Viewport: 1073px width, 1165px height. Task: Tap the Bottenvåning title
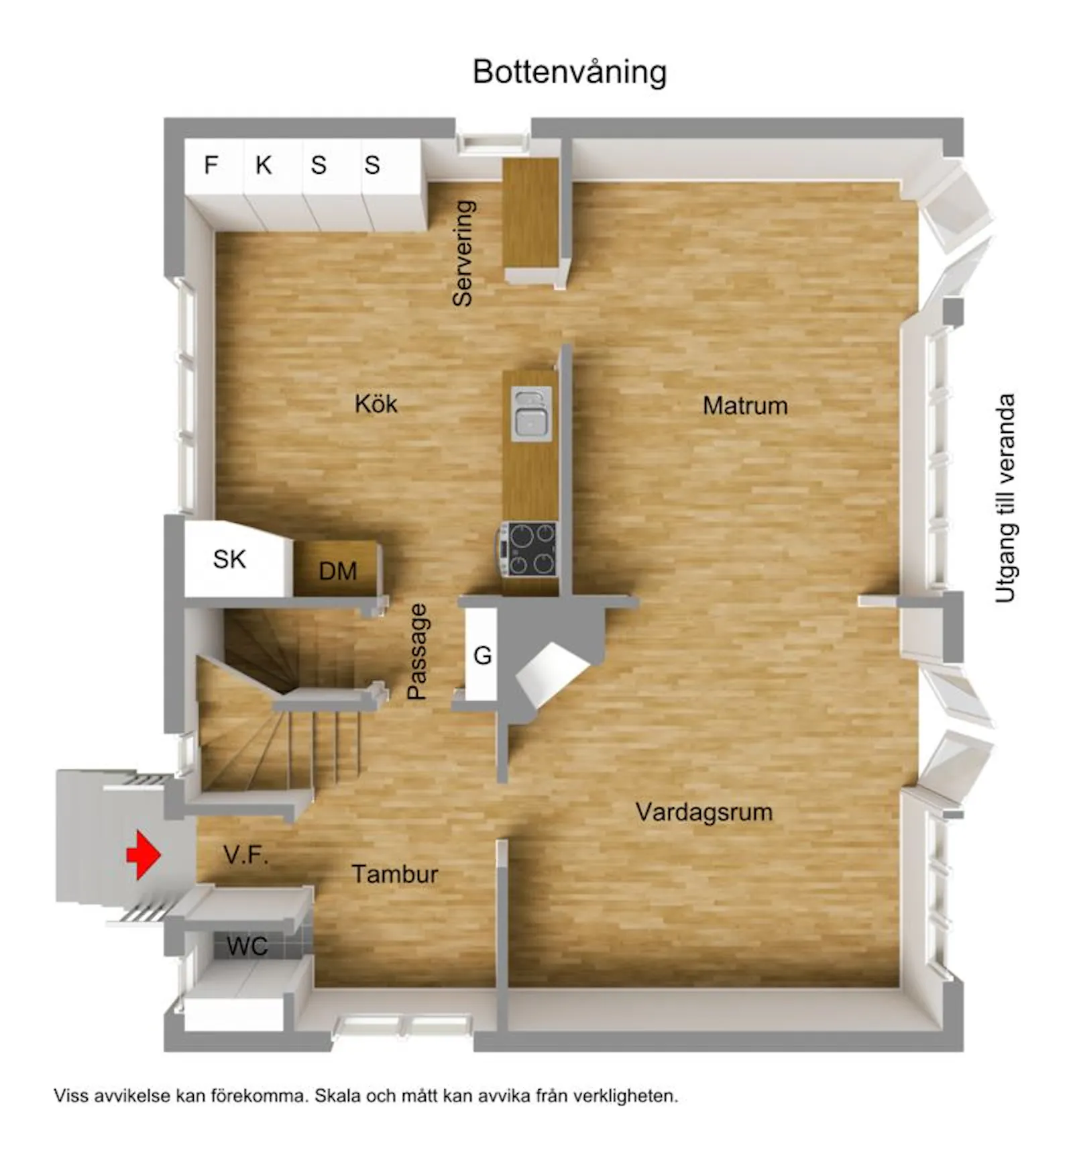569,72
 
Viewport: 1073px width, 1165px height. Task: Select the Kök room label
376,404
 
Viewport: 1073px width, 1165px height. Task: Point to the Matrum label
745,405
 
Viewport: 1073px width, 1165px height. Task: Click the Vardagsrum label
704,813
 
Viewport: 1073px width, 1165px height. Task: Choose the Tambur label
395,874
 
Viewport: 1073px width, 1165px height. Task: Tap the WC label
247,946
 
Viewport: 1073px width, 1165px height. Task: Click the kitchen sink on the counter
531,413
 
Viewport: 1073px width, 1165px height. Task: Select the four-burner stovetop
531,549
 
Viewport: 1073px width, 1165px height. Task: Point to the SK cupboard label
229,559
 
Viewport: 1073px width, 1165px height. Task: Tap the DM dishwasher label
338,571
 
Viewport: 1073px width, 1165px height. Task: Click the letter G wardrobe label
483,655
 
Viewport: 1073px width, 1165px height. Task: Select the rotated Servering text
463,253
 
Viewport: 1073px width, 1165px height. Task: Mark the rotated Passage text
417,652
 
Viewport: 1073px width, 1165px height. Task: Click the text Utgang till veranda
1005,498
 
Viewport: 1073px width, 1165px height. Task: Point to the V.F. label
246,855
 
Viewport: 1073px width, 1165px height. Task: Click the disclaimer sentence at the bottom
366,1096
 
